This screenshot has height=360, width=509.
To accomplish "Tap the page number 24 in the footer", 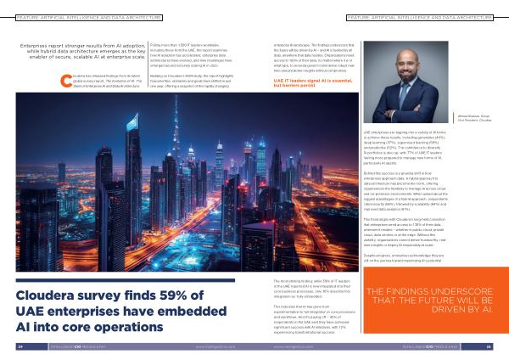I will point(19,346).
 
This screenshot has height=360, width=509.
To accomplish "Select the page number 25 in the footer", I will point(489,346).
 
